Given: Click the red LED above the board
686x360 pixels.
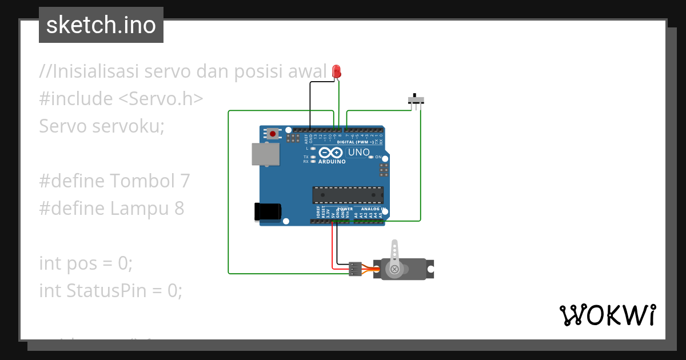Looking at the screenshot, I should pos(337,71).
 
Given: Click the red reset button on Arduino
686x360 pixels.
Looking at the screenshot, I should pos(273,134).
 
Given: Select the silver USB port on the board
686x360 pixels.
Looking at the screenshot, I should pos(265,154).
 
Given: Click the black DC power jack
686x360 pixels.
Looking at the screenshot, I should pos(267,211).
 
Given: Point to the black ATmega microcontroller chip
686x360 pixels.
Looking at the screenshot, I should pos(348,195).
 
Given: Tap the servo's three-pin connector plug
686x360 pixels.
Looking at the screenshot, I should pos(355,269).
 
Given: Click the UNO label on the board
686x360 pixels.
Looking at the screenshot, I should pos(359,153).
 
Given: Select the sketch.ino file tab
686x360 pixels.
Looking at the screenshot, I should pos(101,25).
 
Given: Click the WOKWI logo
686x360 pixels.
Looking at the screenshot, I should pos(607,315).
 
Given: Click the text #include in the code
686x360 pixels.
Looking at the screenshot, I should pos(75,99).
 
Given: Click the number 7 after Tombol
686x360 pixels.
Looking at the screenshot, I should pos(184,181).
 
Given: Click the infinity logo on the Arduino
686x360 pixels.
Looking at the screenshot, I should pos(330,153).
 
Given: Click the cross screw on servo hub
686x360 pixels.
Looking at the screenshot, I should pos(394,269).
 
